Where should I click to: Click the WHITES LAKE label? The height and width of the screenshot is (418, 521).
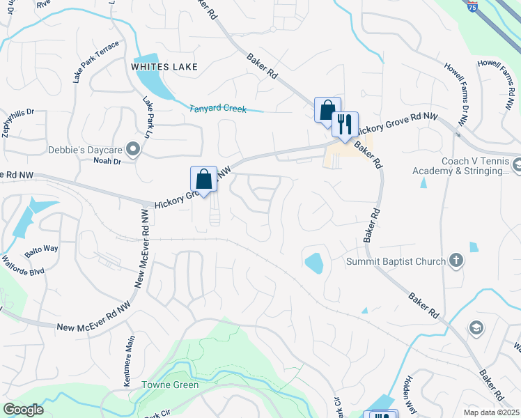(164, 67)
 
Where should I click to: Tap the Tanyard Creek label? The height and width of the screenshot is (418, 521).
(219, 108)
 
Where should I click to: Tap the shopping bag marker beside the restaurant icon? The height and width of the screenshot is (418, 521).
(327, 110)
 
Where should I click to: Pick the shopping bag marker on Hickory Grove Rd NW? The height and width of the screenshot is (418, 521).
(203, 179)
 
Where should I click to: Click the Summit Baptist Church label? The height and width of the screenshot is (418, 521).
(396, 262)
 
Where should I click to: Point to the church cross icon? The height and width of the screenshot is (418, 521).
(456, 261)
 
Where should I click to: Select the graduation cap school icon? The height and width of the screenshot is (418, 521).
(476, 328)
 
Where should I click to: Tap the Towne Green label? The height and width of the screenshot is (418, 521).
(171, 385)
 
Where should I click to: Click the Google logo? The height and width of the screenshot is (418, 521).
(23, 410)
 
